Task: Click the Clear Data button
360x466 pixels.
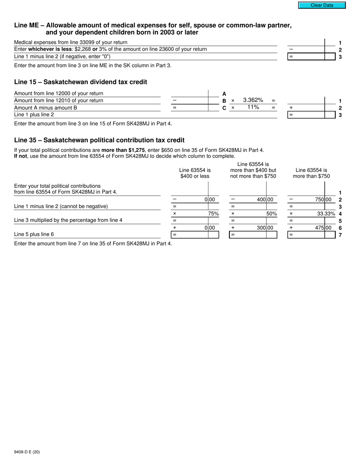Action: (322, 5)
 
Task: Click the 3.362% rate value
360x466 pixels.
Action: (253, 100)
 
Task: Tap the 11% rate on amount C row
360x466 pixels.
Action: (253, 108)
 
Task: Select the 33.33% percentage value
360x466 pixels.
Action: (326, 214)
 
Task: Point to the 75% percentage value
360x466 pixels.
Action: (213, 214)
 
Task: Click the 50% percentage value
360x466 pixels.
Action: (271, 214)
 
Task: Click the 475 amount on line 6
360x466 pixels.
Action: (321, 228)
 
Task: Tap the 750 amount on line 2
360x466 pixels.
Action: (321, 200)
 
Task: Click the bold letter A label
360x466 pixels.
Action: (224, 94)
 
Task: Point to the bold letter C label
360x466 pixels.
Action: (224, 108)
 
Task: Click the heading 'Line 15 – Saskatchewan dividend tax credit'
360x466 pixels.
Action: (80, 82)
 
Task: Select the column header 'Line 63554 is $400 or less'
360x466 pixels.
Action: (195, 173)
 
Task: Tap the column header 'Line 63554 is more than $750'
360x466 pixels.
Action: (311, 173)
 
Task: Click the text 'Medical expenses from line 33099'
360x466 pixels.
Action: (70, 42)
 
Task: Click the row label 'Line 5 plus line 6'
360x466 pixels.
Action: (34, 235)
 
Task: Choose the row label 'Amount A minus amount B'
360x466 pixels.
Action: (45, 108)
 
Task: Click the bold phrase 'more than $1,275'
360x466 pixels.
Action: (123, 150)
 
